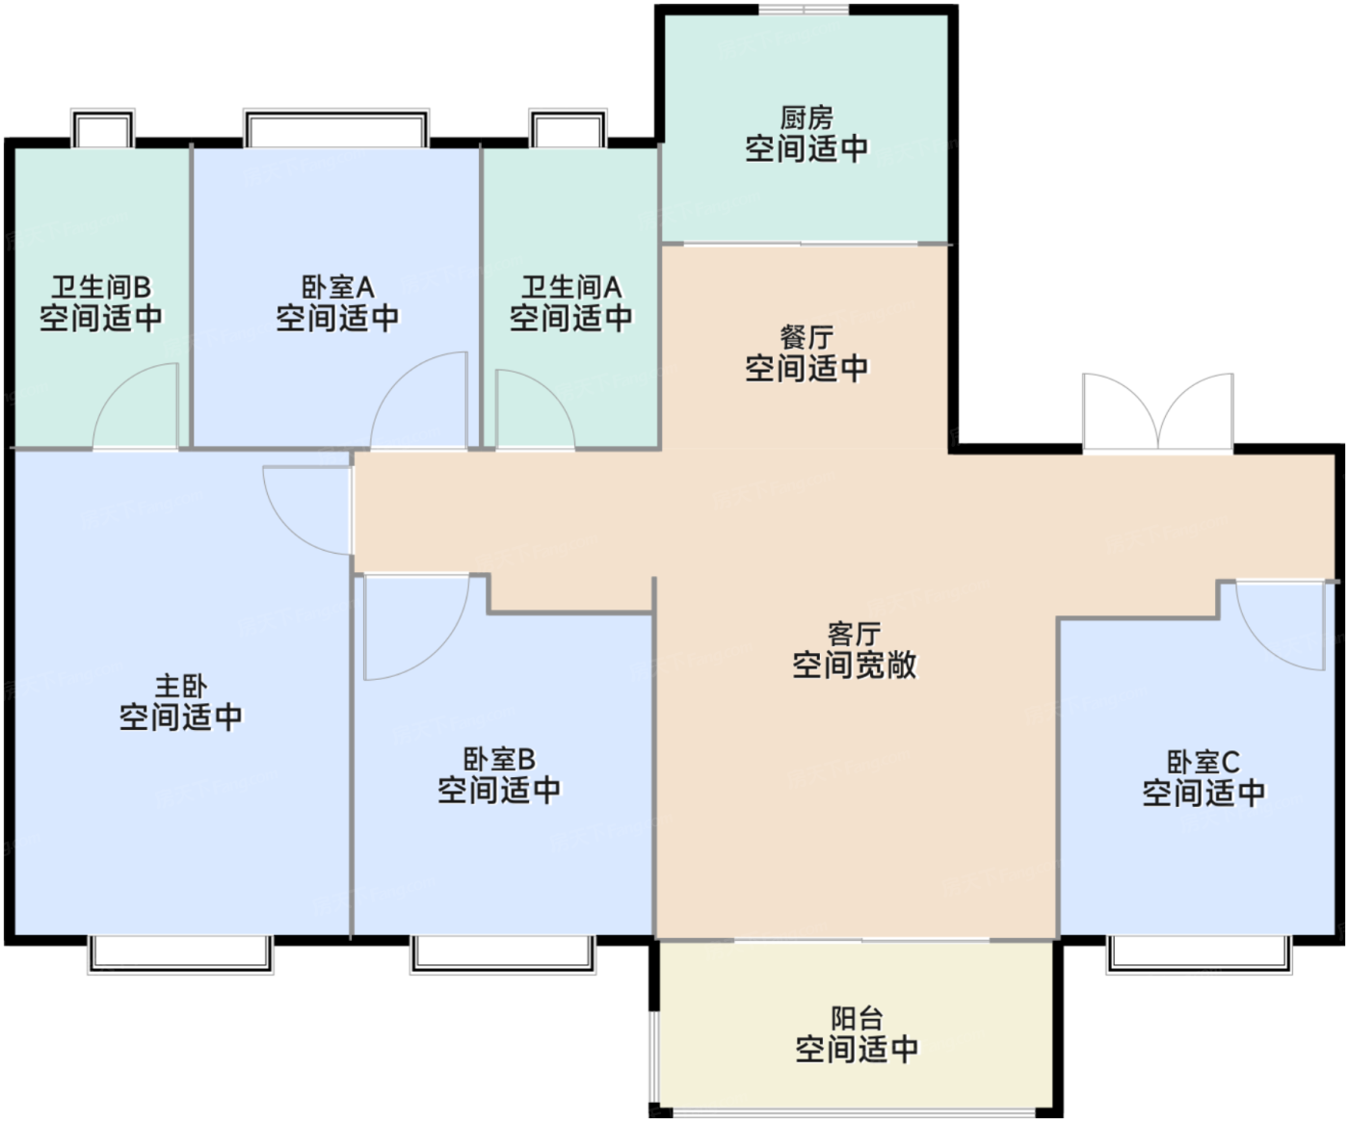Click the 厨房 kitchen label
pyautogui.click(x=806, y=118)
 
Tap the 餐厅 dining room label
pyautogui.click(x=806, y=338)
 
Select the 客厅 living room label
pyautogui.click(x=854, y=635)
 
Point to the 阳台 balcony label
pyautogui.click(x=856, y=1019)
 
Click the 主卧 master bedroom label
pyautogui.click(x=180, y=687)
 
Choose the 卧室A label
pyautogui.click(x=337, y=287)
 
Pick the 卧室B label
pyautogui.click(x=498, y=760)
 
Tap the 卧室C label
pyautogui.click(x=1203, y=763)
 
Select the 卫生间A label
pyautogui.click(x=570, y=287)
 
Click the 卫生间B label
pyautogui.click(x=100, y=287)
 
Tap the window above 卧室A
pyautogui.click(x=335, y=129)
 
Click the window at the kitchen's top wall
pyautogui.click(x=804, y=11)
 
